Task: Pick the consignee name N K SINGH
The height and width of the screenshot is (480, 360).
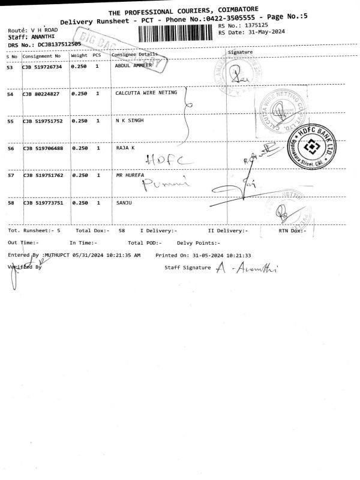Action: click(129, 121)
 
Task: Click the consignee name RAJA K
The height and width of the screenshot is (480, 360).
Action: click(125, 148)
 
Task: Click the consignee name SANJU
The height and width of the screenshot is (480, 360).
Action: click(124, 203)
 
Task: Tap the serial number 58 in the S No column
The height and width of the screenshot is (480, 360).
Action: click(10, 203)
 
